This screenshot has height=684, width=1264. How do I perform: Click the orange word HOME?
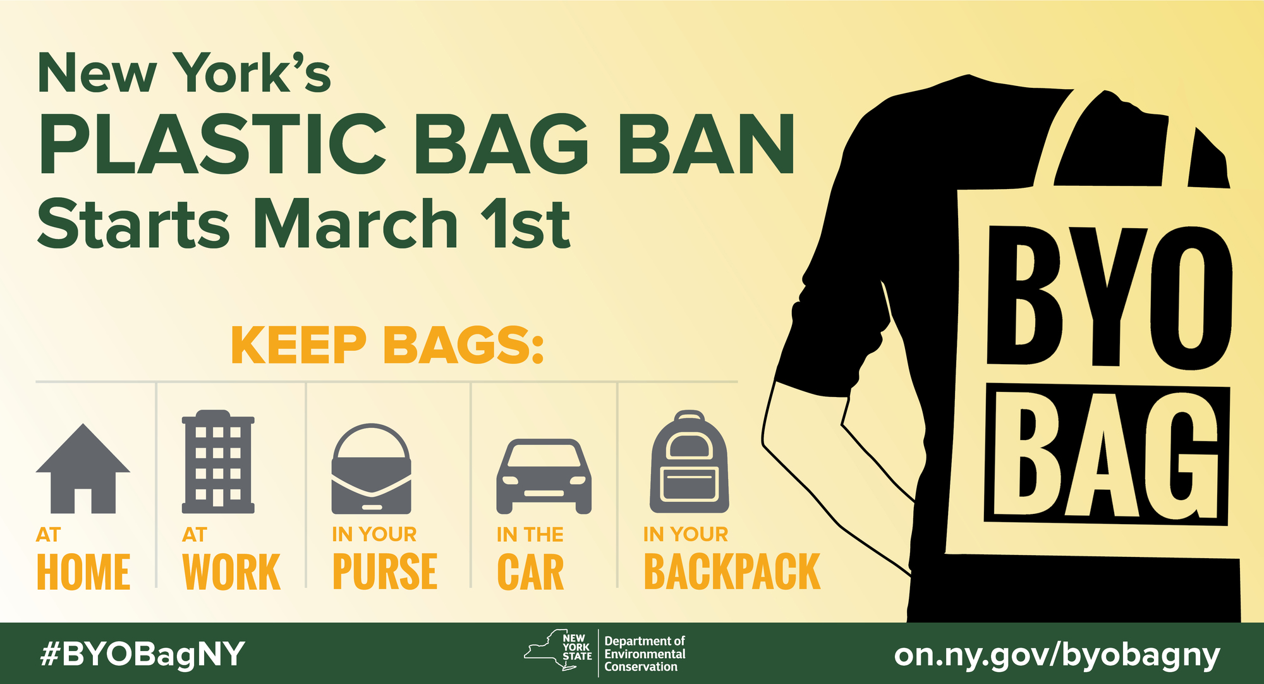83,572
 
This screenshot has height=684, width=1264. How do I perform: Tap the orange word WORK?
231,572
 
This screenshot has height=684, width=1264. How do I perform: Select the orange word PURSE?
385,572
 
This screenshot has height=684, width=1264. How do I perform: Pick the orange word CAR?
530,572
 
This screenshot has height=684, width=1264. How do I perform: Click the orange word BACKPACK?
732,572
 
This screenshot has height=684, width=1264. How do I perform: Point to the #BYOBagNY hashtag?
142,654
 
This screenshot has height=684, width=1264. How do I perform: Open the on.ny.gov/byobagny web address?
1057,655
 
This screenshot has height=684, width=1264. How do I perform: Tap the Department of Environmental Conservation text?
645,654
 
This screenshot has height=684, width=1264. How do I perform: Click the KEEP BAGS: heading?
387,345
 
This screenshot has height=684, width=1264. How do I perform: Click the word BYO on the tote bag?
1109,297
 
